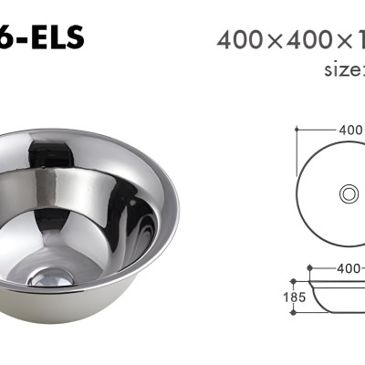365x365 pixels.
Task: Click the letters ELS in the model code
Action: pos(57,37)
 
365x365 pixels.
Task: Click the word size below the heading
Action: pos(345,69)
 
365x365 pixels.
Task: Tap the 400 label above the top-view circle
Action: pos(351,130)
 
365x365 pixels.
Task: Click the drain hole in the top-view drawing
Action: pos(349,193)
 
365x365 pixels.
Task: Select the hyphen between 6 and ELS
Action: pos(25,39)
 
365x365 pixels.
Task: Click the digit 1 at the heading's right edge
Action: pos(360,39)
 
